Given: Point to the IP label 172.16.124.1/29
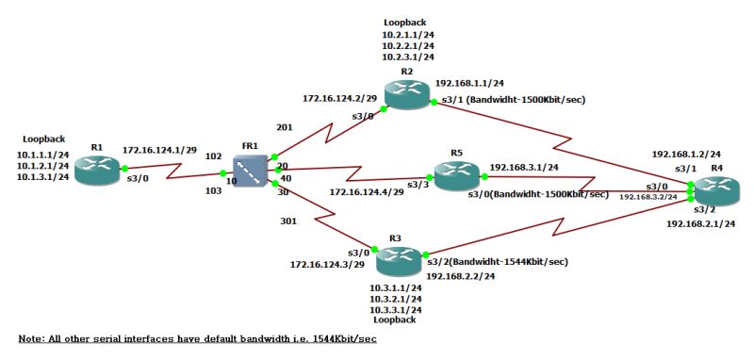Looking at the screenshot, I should [158, 150].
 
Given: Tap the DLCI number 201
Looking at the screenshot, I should [286, 125].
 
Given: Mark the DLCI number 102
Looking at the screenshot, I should [213, 156].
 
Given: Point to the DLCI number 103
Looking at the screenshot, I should [213, 190].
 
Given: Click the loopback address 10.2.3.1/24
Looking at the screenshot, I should [407, 57].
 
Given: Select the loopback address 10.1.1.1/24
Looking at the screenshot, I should [43, 154].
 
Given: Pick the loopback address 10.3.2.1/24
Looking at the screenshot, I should [395, 298].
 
